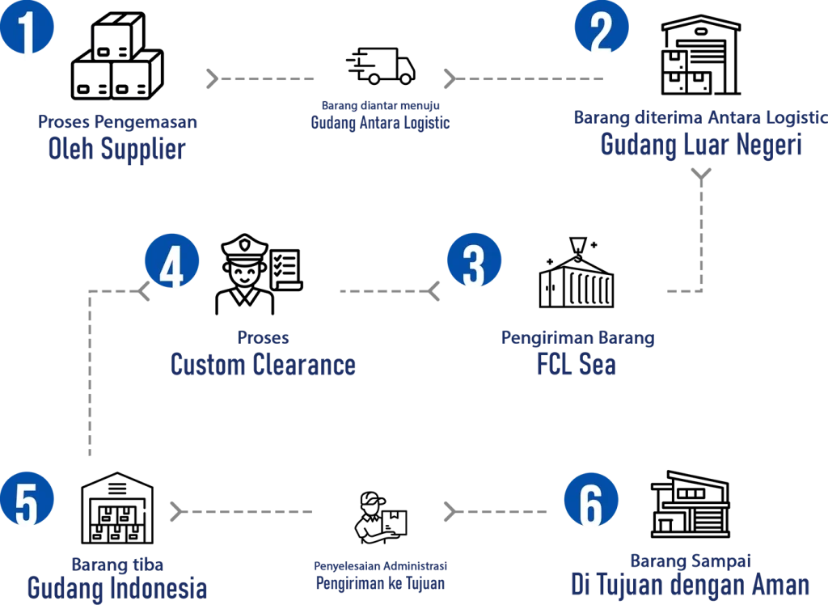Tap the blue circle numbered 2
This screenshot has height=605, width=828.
click(x=602, y=31)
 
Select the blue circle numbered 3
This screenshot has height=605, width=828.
click(x=475, y=262)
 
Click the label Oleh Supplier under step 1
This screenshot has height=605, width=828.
click(x=116, y=150)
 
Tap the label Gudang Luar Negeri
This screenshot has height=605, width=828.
click(x=699, y=146)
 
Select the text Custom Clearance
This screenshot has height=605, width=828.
click(x=263, y=366)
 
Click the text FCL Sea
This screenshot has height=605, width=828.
click(x=578, y=365)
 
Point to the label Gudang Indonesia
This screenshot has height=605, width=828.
click(x=116, y=588)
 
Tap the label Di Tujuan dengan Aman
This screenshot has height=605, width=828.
click(x=691, y=583)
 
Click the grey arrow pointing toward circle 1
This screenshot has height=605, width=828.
click(x=259, y=78)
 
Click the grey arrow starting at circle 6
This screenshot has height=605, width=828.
click(x=495, y=510)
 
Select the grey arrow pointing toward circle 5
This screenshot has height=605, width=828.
click(x=243, y=510)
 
